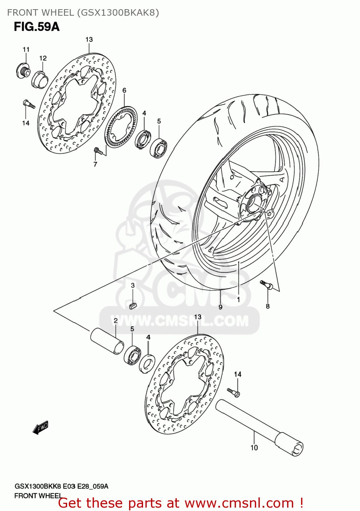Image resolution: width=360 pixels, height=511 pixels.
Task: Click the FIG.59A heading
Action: point(37,27)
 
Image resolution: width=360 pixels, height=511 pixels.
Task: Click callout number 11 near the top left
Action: point(26,50)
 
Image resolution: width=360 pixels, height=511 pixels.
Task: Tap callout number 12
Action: point(43,58)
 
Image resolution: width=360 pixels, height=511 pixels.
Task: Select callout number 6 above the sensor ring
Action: point(124,90)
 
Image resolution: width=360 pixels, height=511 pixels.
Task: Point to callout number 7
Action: point(95,164)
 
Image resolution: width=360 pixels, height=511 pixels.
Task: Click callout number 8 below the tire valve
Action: point(268,306)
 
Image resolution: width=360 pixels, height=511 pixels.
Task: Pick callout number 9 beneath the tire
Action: point(221,307)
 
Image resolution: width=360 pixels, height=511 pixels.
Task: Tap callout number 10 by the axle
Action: point(254,448)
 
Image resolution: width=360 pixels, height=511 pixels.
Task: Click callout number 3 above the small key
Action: point(133,285)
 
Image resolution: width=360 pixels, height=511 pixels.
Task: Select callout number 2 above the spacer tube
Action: point(116,320)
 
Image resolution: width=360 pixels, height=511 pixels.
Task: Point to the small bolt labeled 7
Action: point(98,150)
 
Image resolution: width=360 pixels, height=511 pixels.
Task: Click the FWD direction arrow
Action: point(41,428)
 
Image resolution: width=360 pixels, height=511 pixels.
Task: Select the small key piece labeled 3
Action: point(133,305)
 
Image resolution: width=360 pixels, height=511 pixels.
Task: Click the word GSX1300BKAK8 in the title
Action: point(118,13)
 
